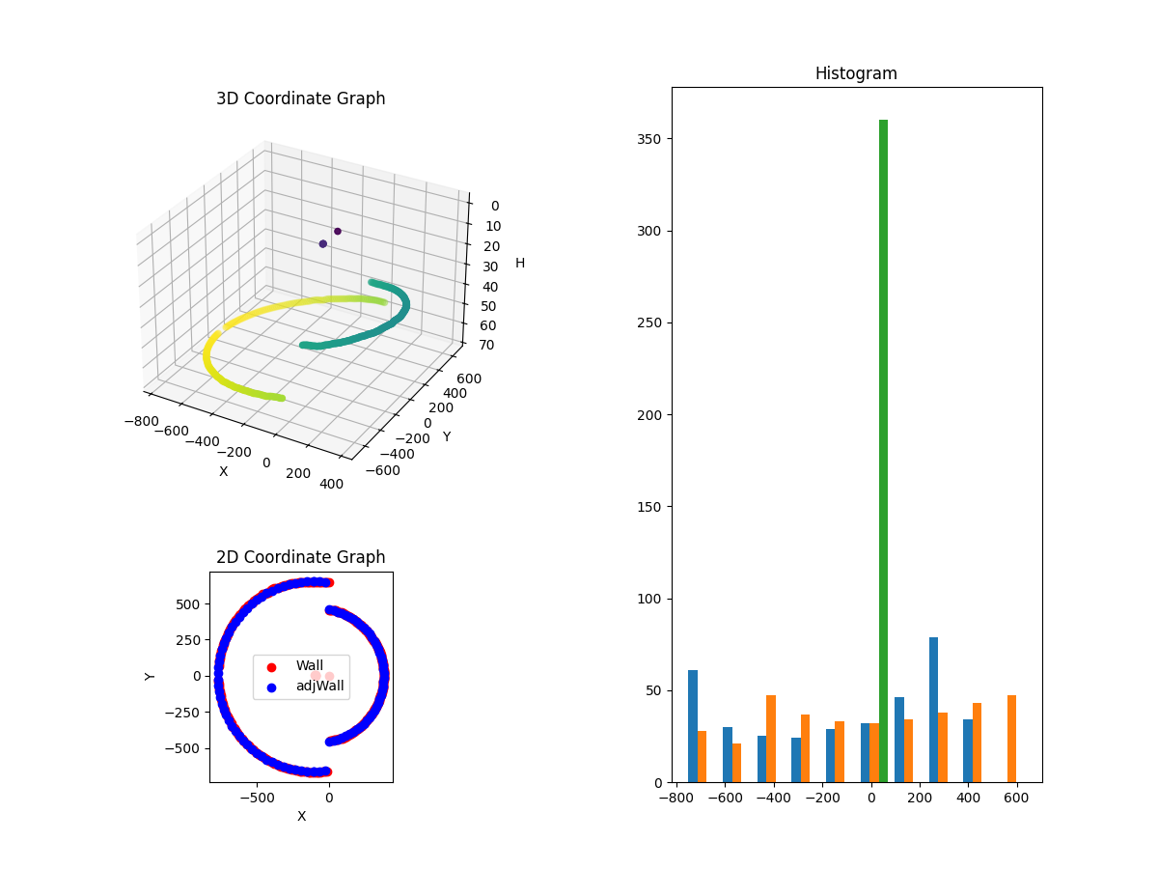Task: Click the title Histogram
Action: [x=856, y=73]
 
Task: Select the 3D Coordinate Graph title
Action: [x=300, y=98]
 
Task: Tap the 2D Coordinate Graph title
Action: [x=300, y=557]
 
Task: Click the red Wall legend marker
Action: [x=271, y=666]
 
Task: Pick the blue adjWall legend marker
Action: [x=271, y=687]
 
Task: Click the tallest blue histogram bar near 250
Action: [x=933, y=710]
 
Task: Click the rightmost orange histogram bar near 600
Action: [x=1011, y=739]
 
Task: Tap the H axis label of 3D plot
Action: [x=520, y=263]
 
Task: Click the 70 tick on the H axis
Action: [x=486, y=345]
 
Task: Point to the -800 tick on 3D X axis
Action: [x=142, y=421]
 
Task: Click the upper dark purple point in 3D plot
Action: [x=338, y=231]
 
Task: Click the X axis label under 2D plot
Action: [x=301, y=816]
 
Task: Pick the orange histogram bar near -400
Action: [x=771, y=739]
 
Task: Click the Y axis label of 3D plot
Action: [x=446, y=436]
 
